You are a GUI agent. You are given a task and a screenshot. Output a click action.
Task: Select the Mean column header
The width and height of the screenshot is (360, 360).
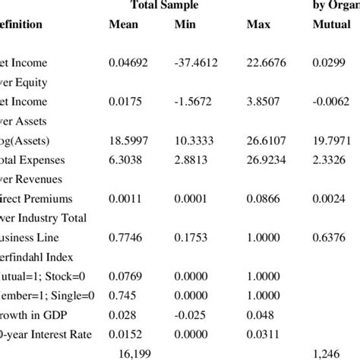123,25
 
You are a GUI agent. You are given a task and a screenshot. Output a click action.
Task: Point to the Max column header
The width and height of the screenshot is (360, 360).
258,25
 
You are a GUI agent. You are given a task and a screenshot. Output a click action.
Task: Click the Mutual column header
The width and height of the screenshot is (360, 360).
331,25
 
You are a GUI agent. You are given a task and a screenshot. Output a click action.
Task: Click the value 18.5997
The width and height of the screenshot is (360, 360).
128,141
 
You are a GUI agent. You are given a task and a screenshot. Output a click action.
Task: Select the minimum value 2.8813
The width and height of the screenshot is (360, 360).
192,161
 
